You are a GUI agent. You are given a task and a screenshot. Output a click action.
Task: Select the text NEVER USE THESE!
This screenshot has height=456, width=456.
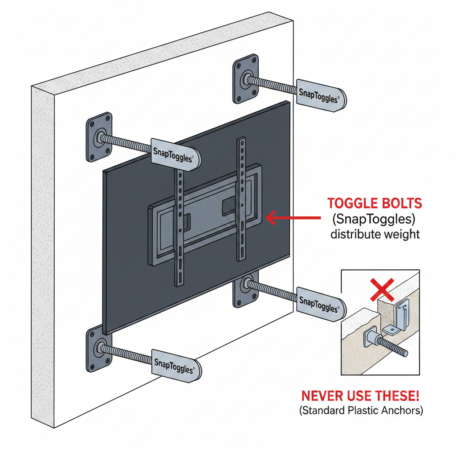pos(360,395)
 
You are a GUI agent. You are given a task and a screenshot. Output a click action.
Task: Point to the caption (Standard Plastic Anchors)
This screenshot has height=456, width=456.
pos(360,410)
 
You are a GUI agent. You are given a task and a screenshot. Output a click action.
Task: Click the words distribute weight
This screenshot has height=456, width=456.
pos(375,233)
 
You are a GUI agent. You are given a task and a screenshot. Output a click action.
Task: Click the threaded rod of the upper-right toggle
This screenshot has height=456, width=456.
pos(272,85)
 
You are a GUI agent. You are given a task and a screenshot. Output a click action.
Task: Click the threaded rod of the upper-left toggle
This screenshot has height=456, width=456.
pos(126,143)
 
